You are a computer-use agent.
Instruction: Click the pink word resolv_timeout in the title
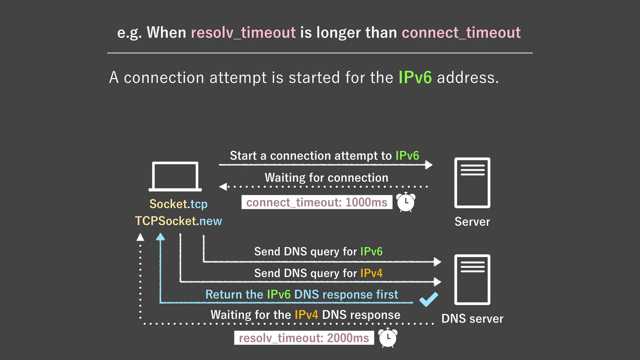(243, 33)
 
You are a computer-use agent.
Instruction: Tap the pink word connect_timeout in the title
(461, 33)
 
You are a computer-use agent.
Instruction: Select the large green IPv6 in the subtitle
(415, 77)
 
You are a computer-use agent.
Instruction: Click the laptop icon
(175, 176)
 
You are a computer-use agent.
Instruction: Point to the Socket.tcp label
(178, 204)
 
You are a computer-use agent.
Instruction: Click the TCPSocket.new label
(178, 221)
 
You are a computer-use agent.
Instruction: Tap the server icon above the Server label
(472, 183)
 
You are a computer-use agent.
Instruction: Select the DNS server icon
(472, 279)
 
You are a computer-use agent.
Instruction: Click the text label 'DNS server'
(472, 319)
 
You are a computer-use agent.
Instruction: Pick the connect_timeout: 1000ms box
(317, 202)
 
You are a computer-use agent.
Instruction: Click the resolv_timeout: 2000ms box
(304, 338)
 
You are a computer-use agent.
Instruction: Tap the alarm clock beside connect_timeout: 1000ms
(406, 202)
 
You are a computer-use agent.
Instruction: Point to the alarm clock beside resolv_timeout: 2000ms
(388, 338)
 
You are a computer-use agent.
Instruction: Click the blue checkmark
(429, 299)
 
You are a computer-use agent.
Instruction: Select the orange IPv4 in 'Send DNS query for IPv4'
(371, 273)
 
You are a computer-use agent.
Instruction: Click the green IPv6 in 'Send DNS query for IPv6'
(371, 252)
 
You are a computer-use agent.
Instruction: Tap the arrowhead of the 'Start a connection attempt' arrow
(429, 165)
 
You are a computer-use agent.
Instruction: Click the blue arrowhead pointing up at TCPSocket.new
(160, 237)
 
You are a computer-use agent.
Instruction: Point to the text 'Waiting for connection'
(326, 178)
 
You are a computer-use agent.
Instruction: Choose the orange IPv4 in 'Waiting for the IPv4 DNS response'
(306, 315)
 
